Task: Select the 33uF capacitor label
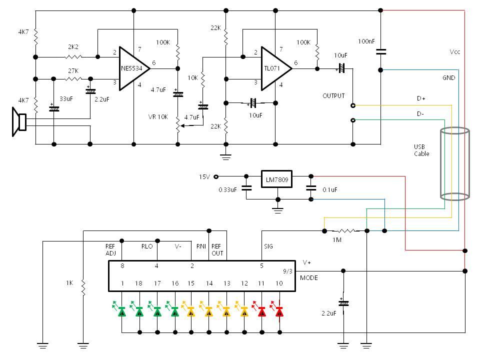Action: tap(66, 99)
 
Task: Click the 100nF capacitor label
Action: tap(367, 40)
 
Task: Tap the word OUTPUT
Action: tap(333, 95)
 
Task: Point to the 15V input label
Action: tap(204, 176)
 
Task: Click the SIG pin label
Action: tap(268, 246)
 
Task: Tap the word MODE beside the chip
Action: tap(309, 278)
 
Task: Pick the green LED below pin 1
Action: tap(122, 311)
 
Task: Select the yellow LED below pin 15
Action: tap(190, 311)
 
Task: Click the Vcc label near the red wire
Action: tap(454, 52)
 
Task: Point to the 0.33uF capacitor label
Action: tap(228, 190)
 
